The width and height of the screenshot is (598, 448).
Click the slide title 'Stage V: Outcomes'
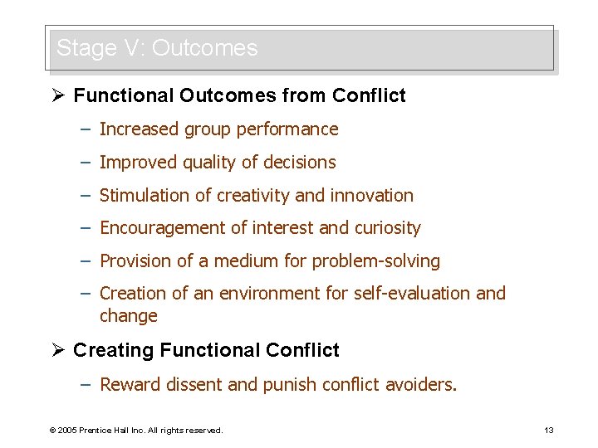tap(157, 48)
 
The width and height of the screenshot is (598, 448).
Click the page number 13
tap(548, 430)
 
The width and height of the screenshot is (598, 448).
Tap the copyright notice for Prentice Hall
tap(136, 430)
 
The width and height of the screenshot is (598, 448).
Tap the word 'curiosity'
tap(388, 228)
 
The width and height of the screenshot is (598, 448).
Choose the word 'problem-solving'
tap(375, 261)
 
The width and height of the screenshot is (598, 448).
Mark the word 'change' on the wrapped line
tap(128, 316)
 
